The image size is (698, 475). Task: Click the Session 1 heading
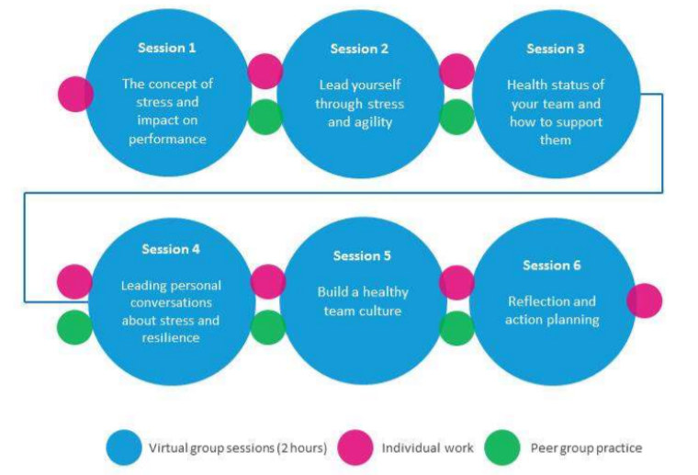[x=167, y=48]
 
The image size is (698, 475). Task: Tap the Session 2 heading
[x=359, y=49]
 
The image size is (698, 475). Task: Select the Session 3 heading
[x=555, y=49]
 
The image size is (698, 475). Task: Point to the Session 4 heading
[x=171, y=249]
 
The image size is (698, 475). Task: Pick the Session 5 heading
[x=362, y=255]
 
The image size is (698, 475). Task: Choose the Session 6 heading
[x=552, y=266]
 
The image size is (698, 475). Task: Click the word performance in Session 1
[x=167, y=139]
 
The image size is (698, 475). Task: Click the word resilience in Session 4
[x=171, y=337]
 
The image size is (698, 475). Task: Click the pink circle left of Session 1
[x=75, y=94]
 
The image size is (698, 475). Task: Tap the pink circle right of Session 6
[x=644, y=300]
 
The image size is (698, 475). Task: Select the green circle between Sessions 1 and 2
[x=265, y=117]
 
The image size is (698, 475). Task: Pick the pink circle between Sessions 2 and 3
[x=456, y=72]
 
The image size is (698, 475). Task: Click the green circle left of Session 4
[x=74, y=327]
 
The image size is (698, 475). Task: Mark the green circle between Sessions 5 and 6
[x=456, y=328]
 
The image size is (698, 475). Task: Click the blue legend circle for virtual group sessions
[x=124, y=447]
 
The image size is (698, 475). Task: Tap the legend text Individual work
[x=427, y=447]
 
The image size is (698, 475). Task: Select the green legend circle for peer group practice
[x=502, y=447]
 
